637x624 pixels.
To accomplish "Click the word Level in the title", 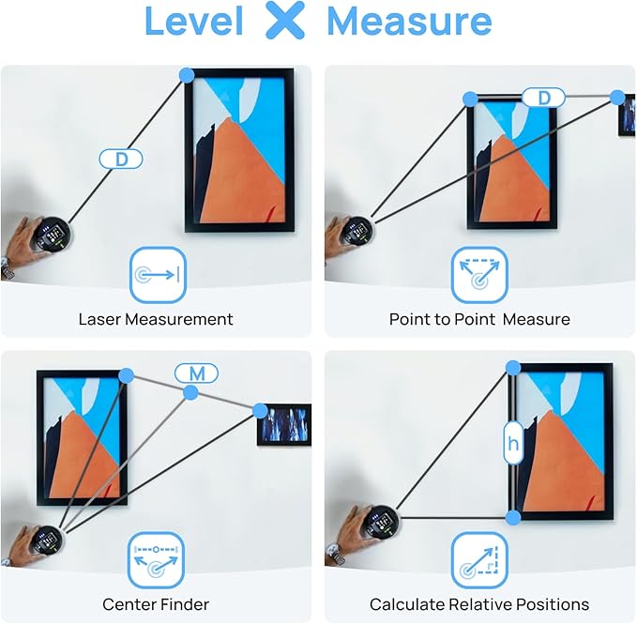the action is coord(194,21).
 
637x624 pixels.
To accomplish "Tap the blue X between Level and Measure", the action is coord(285,20).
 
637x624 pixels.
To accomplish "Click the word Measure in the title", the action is coord(409,21).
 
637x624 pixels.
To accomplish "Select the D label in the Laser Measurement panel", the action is coord(121,159).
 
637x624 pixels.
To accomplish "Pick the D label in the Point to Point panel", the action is coord(543,98).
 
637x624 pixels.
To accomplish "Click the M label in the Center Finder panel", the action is coord(197,373).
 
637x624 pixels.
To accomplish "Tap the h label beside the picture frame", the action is coord(513,443).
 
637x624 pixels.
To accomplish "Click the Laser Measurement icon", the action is coord(158,275).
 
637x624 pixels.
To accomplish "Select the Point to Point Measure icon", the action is coord(479,275).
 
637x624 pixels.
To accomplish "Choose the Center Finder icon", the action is coord(156,560).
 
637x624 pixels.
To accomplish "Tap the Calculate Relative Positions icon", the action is coord(479,560).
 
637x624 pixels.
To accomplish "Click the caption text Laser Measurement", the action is coord(156,319).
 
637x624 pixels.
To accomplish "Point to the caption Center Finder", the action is coord(156,604).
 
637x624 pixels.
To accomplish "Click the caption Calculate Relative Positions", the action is coord(479,604).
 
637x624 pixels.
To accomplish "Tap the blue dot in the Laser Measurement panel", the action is coord(187,76).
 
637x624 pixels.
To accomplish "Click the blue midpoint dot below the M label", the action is coord(190,393).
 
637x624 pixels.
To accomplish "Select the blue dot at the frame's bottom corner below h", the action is coord(513,518).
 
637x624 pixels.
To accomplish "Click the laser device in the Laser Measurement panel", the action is coord(53,234).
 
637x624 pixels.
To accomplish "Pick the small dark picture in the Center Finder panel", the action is coord(284,424).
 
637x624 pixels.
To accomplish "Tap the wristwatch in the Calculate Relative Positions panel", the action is coord(337,555).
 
